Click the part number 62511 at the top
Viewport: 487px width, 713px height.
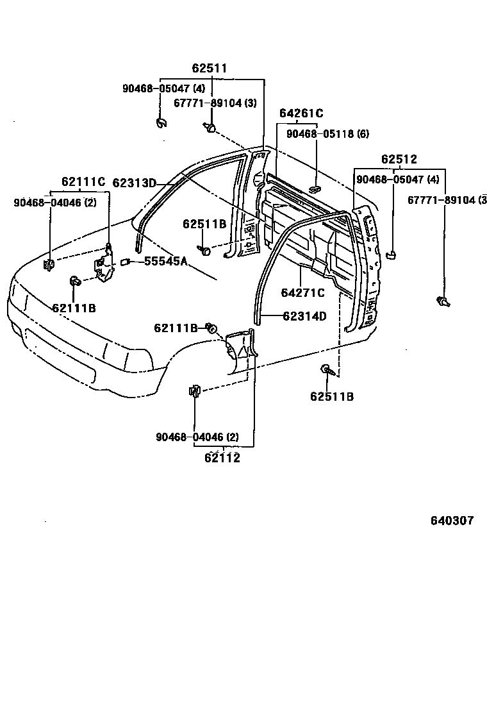[210, 68]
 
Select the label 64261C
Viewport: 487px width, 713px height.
[301, 113]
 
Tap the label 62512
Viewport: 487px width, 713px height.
[399, 160]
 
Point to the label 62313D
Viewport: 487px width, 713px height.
[135, 183]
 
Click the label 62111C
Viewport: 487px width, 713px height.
[83, 182]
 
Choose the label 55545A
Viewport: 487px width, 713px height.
[165, 261]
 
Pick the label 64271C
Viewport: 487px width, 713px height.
[303, 293]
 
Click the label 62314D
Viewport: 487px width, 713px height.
[304, 315]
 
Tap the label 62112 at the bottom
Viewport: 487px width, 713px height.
[222, 458]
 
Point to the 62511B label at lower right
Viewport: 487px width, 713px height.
[332, 397]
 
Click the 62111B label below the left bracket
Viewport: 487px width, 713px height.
[74, 308]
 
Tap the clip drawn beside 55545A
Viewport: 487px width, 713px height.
[126, 261]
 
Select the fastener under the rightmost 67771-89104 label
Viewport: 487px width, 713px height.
[442, 300]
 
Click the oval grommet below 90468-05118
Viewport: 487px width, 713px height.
[315, 188]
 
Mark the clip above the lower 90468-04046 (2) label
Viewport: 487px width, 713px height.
[194, 390]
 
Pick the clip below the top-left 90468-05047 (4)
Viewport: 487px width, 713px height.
[161, 121]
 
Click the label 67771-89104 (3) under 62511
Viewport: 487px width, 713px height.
[215, 103]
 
